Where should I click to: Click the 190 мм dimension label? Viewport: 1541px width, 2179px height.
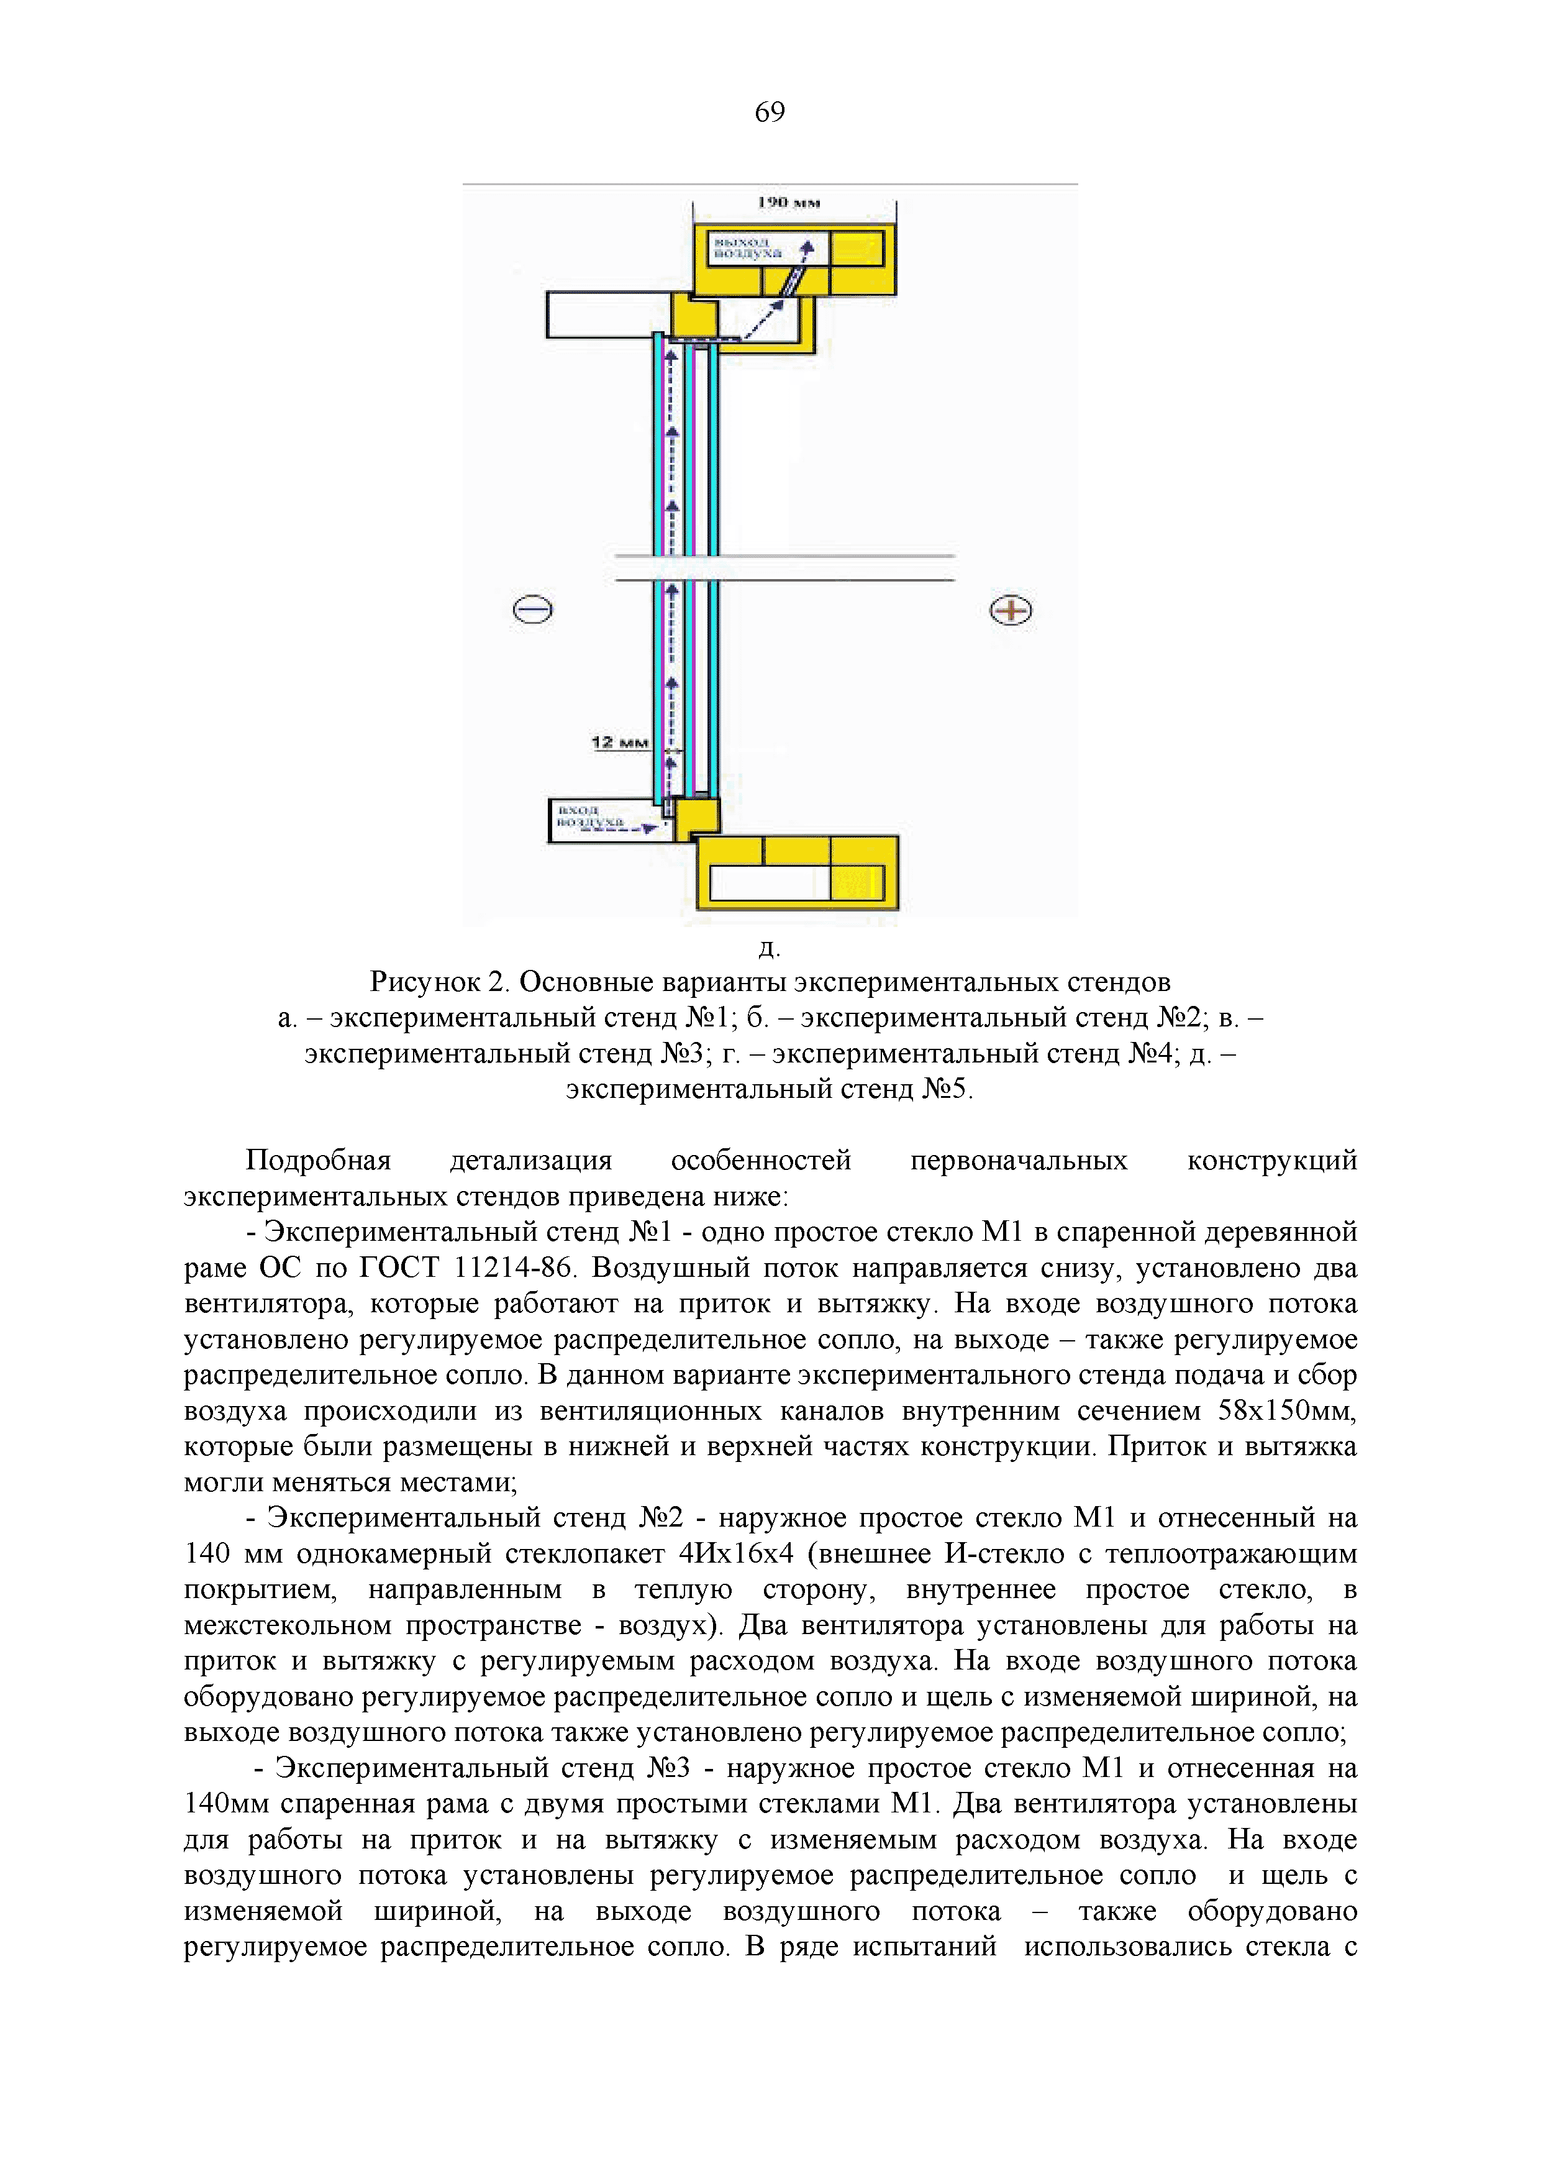pos(789,202)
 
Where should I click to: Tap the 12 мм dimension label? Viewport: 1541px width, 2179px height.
pos(620,742)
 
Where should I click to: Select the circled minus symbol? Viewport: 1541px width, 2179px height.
pos(532,610)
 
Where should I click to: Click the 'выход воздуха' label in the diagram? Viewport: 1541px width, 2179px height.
pos(748,249)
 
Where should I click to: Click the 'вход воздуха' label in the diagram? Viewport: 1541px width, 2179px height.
pos(590,815)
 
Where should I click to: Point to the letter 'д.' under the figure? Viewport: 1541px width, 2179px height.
pos(770,947)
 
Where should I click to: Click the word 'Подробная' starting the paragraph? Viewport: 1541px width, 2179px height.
pos(319,1160)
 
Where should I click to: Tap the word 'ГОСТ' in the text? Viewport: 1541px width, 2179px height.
pos(399,1268)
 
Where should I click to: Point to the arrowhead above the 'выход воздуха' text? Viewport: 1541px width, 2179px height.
pos(807,249)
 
